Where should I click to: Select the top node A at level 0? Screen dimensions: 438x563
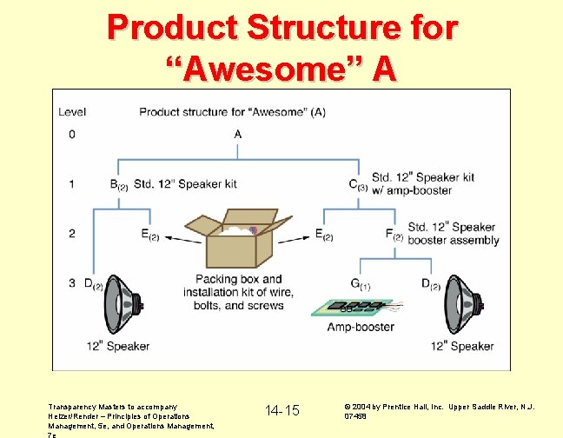pos(238,134)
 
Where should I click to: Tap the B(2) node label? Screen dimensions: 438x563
pos(119,184)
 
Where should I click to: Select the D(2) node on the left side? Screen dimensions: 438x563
pos(94,284)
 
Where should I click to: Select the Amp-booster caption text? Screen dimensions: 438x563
pos(361,328)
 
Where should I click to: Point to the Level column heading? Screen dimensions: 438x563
pos(71,111)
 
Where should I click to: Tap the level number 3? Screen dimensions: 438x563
pos(72,284)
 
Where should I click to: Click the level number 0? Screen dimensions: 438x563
pos(72,134)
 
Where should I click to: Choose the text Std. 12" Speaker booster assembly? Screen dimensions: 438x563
pos(453,234)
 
